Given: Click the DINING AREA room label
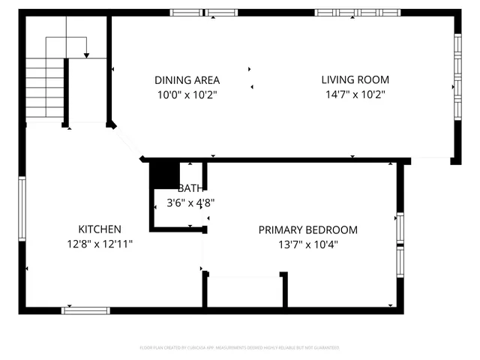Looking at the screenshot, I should point(187,80).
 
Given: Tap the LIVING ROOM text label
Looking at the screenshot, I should point(355,80).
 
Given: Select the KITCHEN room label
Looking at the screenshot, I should point(100,229).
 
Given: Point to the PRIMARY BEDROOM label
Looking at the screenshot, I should point(307,230).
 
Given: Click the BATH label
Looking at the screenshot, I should point(190,188).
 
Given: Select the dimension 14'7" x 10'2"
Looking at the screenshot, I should point(355,94).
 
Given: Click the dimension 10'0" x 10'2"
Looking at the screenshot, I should point(187,94).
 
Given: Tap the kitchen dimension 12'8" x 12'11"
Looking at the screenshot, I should point(100,244).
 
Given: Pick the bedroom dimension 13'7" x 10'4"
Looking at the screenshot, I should point(307,244).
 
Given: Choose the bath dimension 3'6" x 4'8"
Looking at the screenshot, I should point(190,202).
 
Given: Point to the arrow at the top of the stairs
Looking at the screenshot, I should point(87,53).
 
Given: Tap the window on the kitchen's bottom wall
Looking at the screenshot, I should point(85,310).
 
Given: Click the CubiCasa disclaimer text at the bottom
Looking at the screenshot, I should point(240,348).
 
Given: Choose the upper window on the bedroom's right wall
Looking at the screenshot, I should point(400,229).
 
